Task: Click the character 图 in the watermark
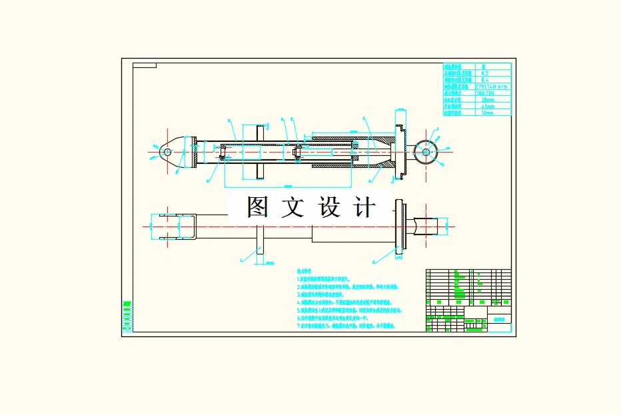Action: click(257, 207)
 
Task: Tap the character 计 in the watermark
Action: click(364, 207)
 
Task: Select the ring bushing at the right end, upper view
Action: click(425, 151)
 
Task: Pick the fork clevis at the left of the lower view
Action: click(175, 226)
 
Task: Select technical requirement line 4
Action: click(346, 302)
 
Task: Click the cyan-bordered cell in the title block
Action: click(500, 319)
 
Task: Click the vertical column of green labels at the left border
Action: click(127, 317)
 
